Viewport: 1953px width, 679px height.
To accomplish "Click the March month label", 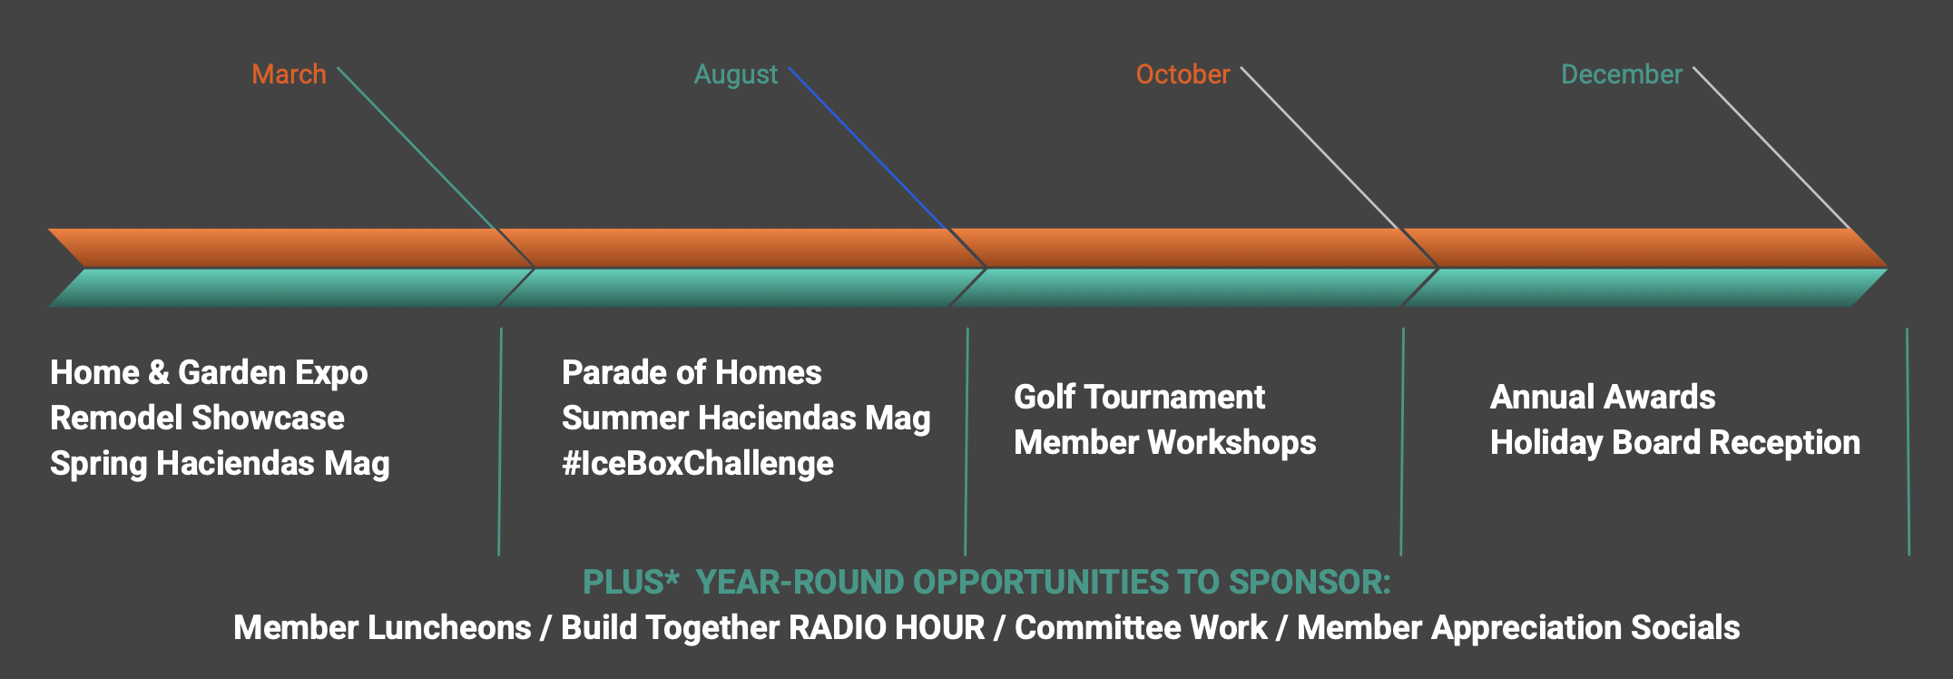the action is tap(289, 74).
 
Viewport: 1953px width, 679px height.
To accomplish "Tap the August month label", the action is tap(736, 75).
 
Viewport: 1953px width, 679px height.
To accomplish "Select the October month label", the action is tap(1183, 74).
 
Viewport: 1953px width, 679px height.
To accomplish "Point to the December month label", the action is tap(1622, 74).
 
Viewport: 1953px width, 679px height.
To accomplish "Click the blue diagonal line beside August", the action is tap(869, 148).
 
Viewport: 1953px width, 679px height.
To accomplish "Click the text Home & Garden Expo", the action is tap(209, 373).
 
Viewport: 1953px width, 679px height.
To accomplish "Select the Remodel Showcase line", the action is tap(197, 418).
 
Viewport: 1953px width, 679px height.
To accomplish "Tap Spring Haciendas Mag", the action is tap(220, 464).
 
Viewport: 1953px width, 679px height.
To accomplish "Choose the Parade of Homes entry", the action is tap(692, 373).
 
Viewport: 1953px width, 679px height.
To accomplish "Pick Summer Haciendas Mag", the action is tap(746, 418).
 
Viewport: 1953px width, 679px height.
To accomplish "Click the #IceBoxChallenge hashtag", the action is tap(698, 464).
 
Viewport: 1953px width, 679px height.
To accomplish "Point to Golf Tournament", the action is tap(1139, 398).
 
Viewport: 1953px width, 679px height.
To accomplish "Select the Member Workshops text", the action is tap(1165, 443).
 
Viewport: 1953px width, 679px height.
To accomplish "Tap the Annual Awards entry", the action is tap(1603, 398).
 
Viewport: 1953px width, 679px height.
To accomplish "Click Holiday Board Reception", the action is tap(1675, 443).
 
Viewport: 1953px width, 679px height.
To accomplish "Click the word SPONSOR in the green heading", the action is tap(1310, 583).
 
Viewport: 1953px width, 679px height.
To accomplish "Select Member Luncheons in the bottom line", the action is tap(382, 628).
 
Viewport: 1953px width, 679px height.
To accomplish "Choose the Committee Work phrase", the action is tap(1141, 628).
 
